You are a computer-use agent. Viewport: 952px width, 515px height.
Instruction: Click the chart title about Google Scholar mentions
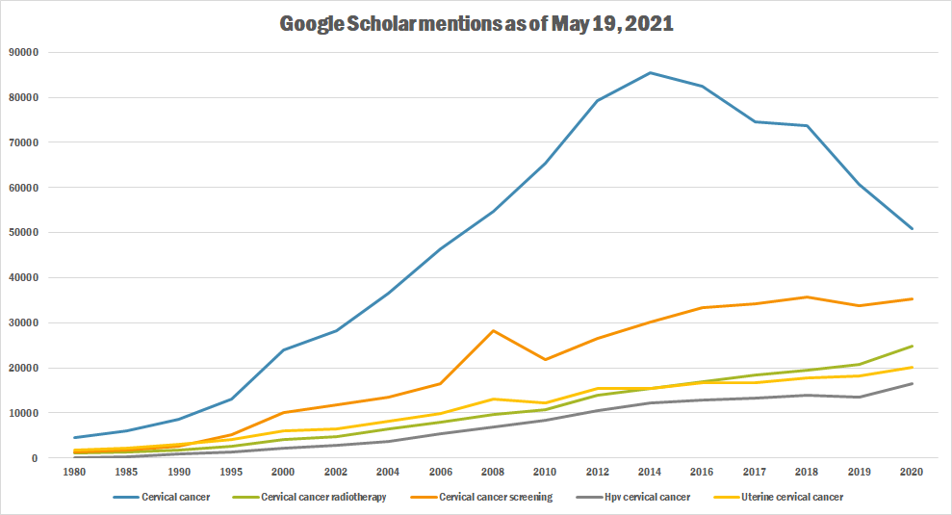click(476, 25)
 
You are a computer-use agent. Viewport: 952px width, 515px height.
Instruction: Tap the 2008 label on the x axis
click(493, 473)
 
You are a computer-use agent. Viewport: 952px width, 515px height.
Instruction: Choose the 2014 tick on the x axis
click(650, 473)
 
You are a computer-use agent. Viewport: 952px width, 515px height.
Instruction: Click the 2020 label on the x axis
click(912, 473)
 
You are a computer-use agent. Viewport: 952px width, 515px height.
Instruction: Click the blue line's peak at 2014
click(650, 72)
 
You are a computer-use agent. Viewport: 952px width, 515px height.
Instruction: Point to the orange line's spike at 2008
click(493, 331)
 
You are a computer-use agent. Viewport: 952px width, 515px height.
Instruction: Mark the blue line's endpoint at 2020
click(912, 229)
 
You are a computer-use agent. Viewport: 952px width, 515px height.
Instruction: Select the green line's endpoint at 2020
click(912, 347)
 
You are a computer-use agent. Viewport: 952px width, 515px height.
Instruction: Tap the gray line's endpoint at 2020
click(912, 384)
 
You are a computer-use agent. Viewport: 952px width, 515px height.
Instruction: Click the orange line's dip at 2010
click(546, 360)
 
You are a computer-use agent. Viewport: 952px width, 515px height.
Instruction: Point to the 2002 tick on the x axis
click(336, 473)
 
